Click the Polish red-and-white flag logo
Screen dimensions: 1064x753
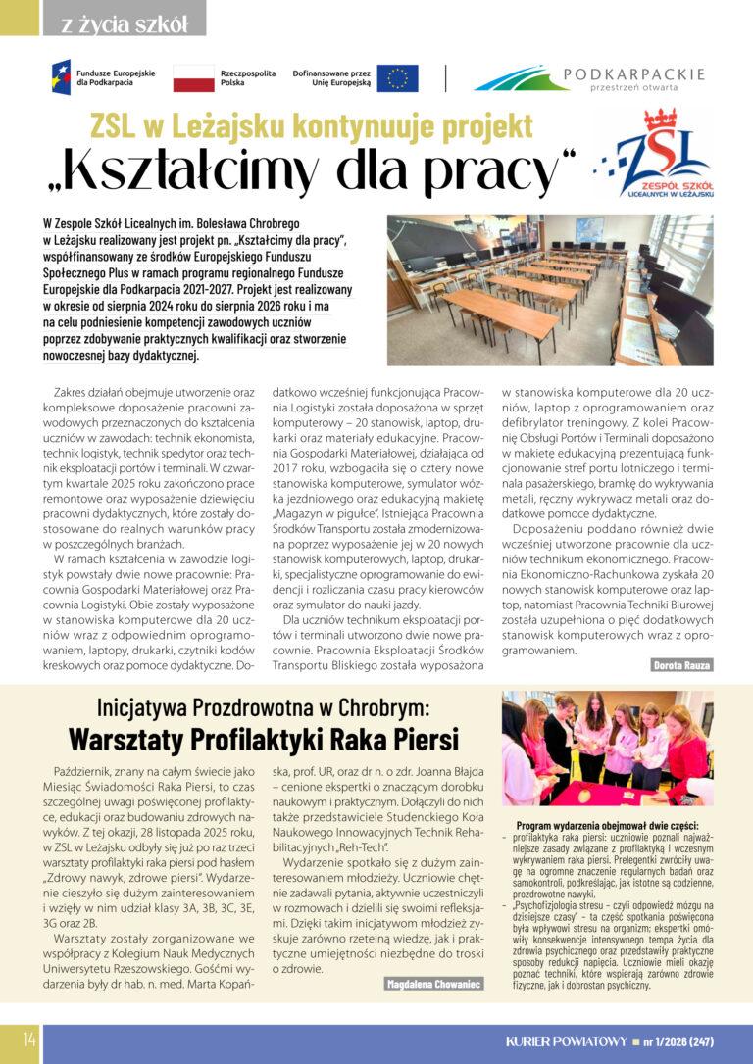click(194, 78)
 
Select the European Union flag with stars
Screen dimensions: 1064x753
click(397, 78)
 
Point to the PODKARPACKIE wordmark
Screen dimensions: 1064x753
click(634, 73)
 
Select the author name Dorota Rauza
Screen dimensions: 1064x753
click(682, 665)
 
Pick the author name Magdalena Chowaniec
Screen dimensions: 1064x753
click(433, 983)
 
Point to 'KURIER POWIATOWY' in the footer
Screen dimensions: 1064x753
click(563, 1040)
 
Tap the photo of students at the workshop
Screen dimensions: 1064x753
click(606, 750)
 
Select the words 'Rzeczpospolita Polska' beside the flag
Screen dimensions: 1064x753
click(246, 78)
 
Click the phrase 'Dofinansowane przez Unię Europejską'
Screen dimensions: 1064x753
click(331, 78)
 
